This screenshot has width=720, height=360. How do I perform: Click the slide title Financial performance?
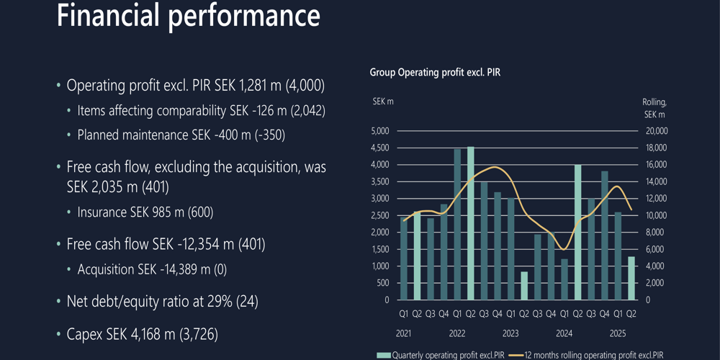(x=188, y=16)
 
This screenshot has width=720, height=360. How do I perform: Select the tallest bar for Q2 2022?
(x=471, y=223)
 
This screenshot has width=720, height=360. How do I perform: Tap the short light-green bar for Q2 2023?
(x=524, y=286)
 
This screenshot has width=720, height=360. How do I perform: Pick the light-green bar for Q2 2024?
(x=577, y=232)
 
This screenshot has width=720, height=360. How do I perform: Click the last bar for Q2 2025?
(x=631, y=278)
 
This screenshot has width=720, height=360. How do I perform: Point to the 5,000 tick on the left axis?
(x=379, y=131)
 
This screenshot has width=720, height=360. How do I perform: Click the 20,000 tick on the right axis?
(x=656, y=131)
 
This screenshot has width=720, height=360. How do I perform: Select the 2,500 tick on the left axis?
(x=379, y=215)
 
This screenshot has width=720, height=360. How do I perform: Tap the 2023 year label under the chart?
(x=510, y=333)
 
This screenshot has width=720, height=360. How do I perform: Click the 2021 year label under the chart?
(x=403, y=333)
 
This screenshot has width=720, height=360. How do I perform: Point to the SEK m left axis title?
(x=383, y=102)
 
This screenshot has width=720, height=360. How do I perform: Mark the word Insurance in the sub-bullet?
(x=103, y=212)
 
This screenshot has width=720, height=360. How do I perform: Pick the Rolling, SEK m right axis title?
(x=654, y=108)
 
